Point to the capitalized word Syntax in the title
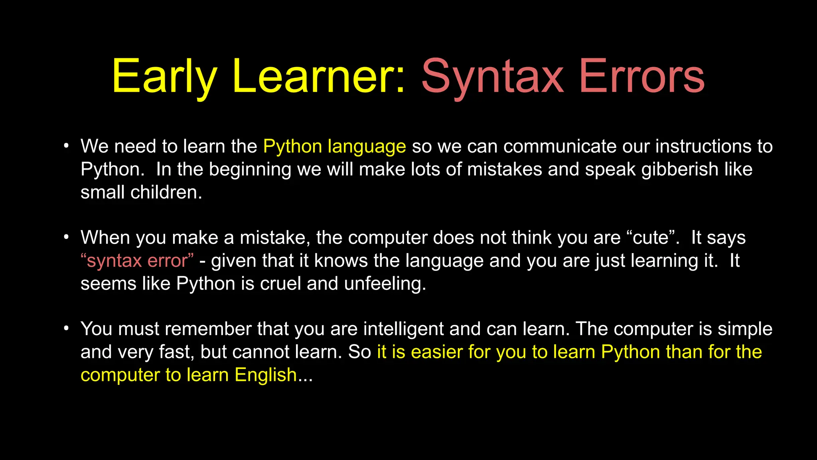coord(493,77)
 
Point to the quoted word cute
coord(651,238)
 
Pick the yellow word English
coord(265,375)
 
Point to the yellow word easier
coord(436,353)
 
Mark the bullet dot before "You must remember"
coord(66,328)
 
